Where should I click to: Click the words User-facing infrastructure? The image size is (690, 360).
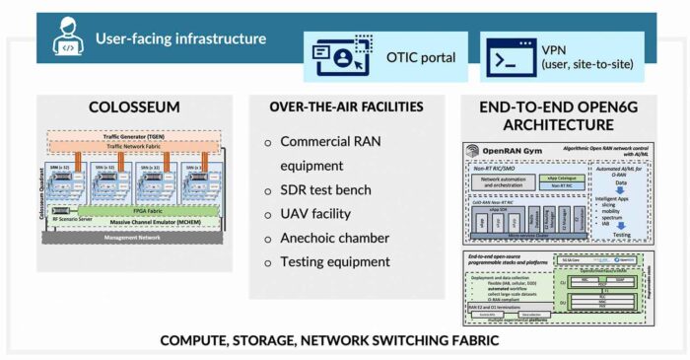coord(180,39)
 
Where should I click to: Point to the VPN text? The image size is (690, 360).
coord(554,48)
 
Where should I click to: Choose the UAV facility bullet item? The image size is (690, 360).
coord(322,213)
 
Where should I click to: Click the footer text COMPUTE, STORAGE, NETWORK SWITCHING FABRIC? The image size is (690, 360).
coord(344,340)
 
